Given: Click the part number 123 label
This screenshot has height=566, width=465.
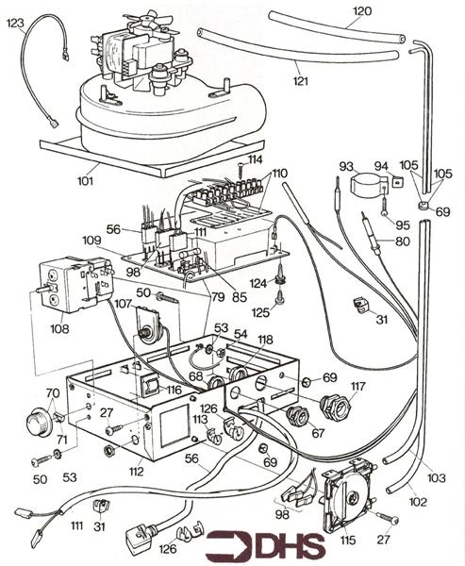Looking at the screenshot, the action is point(15,23).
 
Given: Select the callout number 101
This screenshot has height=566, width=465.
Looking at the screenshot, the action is point(85,180).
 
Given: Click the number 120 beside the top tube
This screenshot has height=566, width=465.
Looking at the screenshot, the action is point(362,11).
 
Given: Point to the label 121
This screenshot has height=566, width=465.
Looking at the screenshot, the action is point(300,80).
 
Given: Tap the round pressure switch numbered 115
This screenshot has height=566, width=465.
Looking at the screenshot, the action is point(347,493).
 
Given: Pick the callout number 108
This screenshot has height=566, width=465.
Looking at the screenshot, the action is point(59,328).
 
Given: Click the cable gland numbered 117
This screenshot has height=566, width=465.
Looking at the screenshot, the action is point(335,406).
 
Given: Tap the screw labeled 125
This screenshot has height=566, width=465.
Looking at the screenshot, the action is point(280,298).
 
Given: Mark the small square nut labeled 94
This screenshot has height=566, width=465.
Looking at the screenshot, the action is point(397,182).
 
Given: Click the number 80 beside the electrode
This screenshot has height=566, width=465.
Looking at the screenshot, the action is point(403,241).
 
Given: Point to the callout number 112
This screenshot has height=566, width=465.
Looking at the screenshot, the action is point(137,471).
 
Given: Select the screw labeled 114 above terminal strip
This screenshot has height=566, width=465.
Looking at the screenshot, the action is point(240,169).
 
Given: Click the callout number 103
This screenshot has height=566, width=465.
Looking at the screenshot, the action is point(437,478).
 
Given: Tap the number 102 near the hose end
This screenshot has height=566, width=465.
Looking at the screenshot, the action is point(418,502).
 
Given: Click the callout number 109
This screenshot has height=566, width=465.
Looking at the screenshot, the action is point(91,240).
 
